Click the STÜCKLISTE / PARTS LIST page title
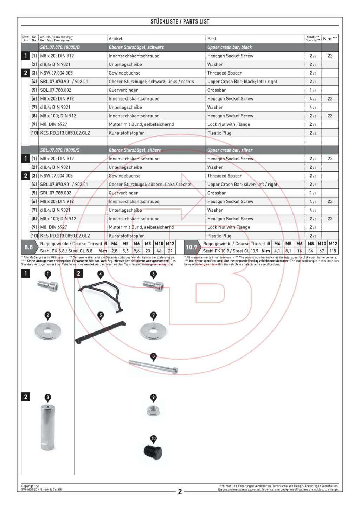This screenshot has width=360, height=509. [x=180, y=21]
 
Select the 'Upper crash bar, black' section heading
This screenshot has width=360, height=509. [x=230, y=47]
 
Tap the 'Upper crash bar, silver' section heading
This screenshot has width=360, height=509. [x=230, y=150]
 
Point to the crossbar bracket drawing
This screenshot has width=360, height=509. [x=101, y=333]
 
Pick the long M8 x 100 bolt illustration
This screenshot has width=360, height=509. [x=153, y=367]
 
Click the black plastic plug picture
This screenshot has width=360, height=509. [x=153, y=452]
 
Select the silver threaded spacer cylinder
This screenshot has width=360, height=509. [x=48, y=427]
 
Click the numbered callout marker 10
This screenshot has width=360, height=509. [x=153, y=439]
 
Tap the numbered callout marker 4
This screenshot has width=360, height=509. [x=101, y=274]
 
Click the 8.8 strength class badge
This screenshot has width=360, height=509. [x=28, y=247]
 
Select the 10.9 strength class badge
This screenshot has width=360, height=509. [x=191, y=247]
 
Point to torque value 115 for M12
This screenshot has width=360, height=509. [x=333, y=251]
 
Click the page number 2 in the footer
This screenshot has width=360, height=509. [x=180, y=491]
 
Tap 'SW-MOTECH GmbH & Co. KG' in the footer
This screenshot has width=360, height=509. [x=41, y=490]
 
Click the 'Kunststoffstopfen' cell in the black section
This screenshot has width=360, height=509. [x=127, y=133]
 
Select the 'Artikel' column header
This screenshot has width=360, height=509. [x=115, y=39]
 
